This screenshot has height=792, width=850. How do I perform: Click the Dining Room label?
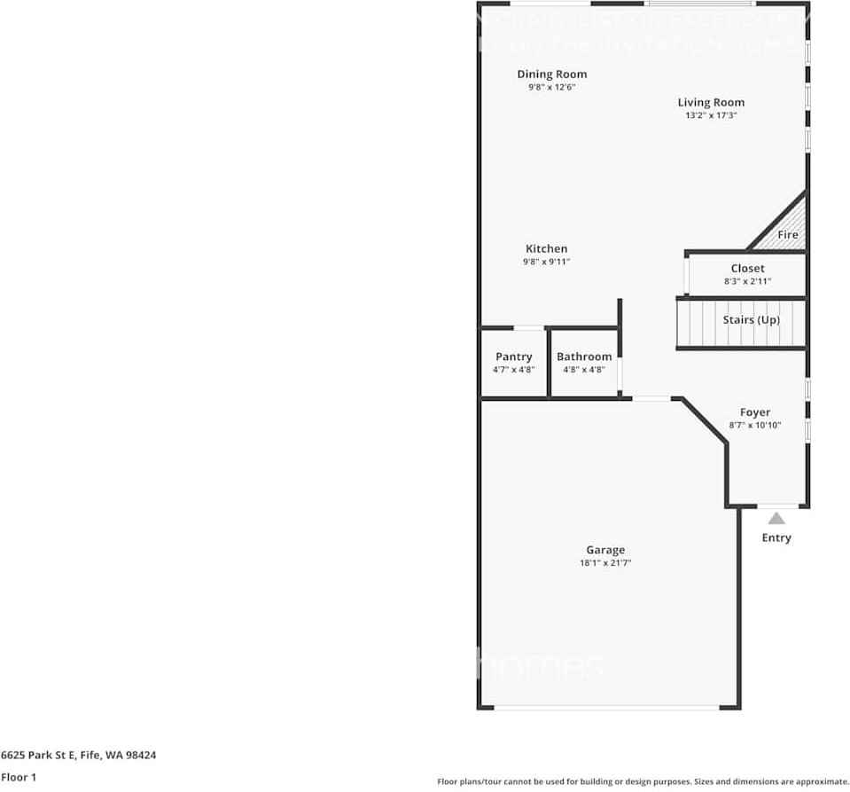coord(551,74)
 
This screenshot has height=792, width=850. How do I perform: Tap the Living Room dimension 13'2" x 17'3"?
coord(711,115)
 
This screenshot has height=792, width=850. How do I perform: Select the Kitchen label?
coord(546,249)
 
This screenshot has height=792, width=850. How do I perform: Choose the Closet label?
coord(747,269)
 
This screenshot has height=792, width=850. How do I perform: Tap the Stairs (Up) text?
coord(751,319)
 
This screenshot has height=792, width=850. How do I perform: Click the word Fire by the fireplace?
coord(788,235)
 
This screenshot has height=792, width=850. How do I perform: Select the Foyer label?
coord(754,412)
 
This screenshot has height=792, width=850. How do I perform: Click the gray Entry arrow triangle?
coord(776,519)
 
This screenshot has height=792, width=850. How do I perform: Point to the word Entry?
coord(776,537)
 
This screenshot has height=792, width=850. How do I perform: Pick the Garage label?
coord(604,550)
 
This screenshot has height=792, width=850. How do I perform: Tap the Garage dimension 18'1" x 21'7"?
coord(604,563)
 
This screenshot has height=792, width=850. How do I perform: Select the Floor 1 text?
coord(19,778)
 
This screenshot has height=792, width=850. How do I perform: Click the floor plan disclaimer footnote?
coord(643,781)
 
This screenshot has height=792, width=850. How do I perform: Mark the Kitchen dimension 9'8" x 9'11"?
coord(546,262)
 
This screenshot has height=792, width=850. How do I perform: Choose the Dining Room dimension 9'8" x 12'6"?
coord(551,88)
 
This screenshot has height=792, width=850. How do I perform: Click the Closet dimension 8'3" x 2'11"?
coord(747,281)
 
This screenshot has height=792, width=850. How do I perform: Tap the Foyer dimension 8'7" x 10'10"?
coord(754,426)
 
